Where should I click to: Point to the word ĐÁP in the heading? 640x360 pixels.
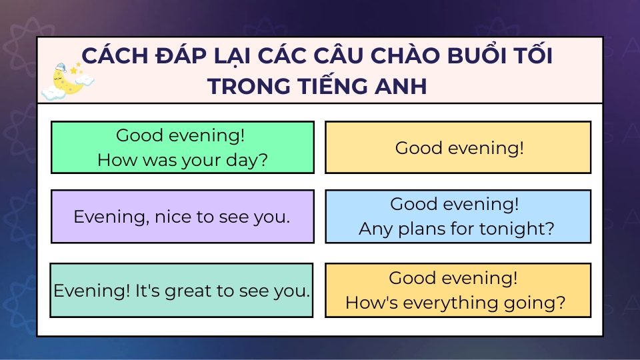[183, 55]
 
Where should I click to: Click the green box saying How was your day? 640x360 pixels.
[183, 147]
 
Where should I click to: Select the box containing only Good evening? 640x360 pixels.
[458, 147]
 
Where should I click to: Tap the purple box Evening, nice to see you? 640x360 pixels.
[183, 216]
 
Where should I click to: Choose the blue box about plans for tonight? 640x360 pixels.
[458, 216]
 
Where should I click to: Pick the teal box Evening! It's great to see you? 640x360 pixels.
[181, 290]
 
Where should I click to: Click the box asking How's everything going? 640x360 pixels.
[458, 290]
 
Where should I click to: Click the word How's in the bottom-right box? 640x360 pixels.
[371, 303]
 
